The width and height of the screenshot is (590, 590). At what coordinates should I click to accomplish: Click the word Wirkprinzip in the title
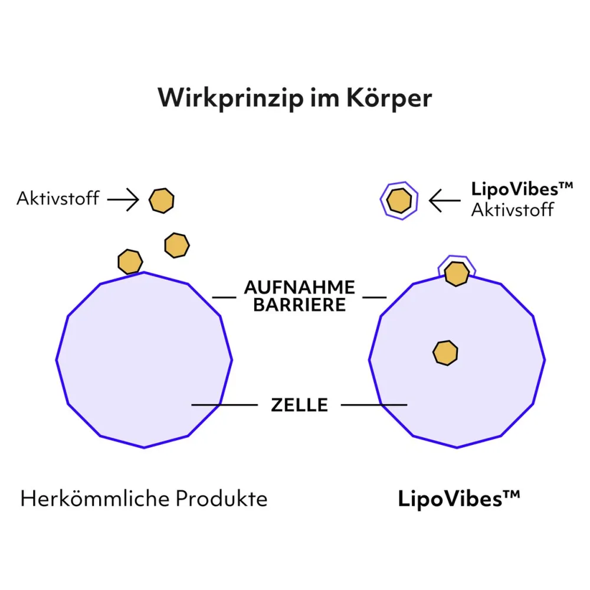pos(230,99)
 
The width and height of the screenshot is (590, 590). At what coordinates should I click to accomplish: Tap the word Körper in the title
pos(389,99)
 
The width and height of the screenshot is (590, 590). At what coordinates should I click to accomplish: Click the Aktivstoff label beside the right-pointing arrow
pos(58,198)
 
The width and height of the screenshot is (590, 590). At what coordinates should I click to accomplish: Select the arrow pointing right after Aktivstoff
pos(123,199)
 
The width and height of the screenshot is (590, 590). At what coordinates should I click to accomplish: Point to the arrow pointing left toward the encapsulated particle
pos(445,200)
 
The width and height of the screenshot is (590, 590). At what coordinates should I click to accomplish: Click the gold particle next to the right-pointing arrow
pos(162,201)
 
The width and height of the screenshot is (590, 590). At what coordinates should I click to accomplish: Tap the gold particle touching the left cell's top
pos(130,261)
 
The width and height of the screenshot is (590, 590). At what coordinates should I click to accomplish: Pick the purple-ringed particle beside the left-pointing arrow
pos(399,201)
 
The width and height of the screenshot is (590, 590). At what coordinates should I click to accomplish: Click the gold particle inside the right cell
pos(445,353)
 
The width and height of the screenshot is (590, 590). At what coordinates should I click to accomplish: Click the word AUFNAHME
pos(300,287)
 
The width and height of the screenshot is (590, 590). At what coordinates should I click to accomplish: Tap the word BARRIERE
pos(300,305)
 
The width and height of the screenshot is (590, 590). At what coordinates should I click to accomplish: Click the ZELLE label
pos(300,405)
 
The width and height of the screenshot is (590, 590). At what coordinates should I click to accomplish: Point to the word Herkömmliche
pos(95,499)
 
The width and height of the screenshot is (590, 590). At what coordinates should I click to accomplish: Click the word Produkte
pos(222,499)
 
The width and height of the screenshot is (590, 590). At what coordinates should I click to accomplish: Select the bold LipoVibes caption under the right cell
pos(459,499)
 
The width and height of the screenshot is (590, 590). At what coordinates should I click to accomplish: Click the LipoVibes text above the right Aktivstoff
pos(522,189)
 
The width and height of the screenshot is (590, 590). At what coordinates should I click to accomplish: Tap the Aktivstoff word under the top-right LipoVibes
pos(513,210)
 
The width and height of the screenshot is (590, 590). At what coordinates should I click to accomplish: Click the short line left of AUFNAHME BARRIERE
pos(224,297)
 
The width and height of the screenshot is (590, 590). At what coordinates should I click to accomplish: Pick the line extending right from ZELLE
pos(374,405)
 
